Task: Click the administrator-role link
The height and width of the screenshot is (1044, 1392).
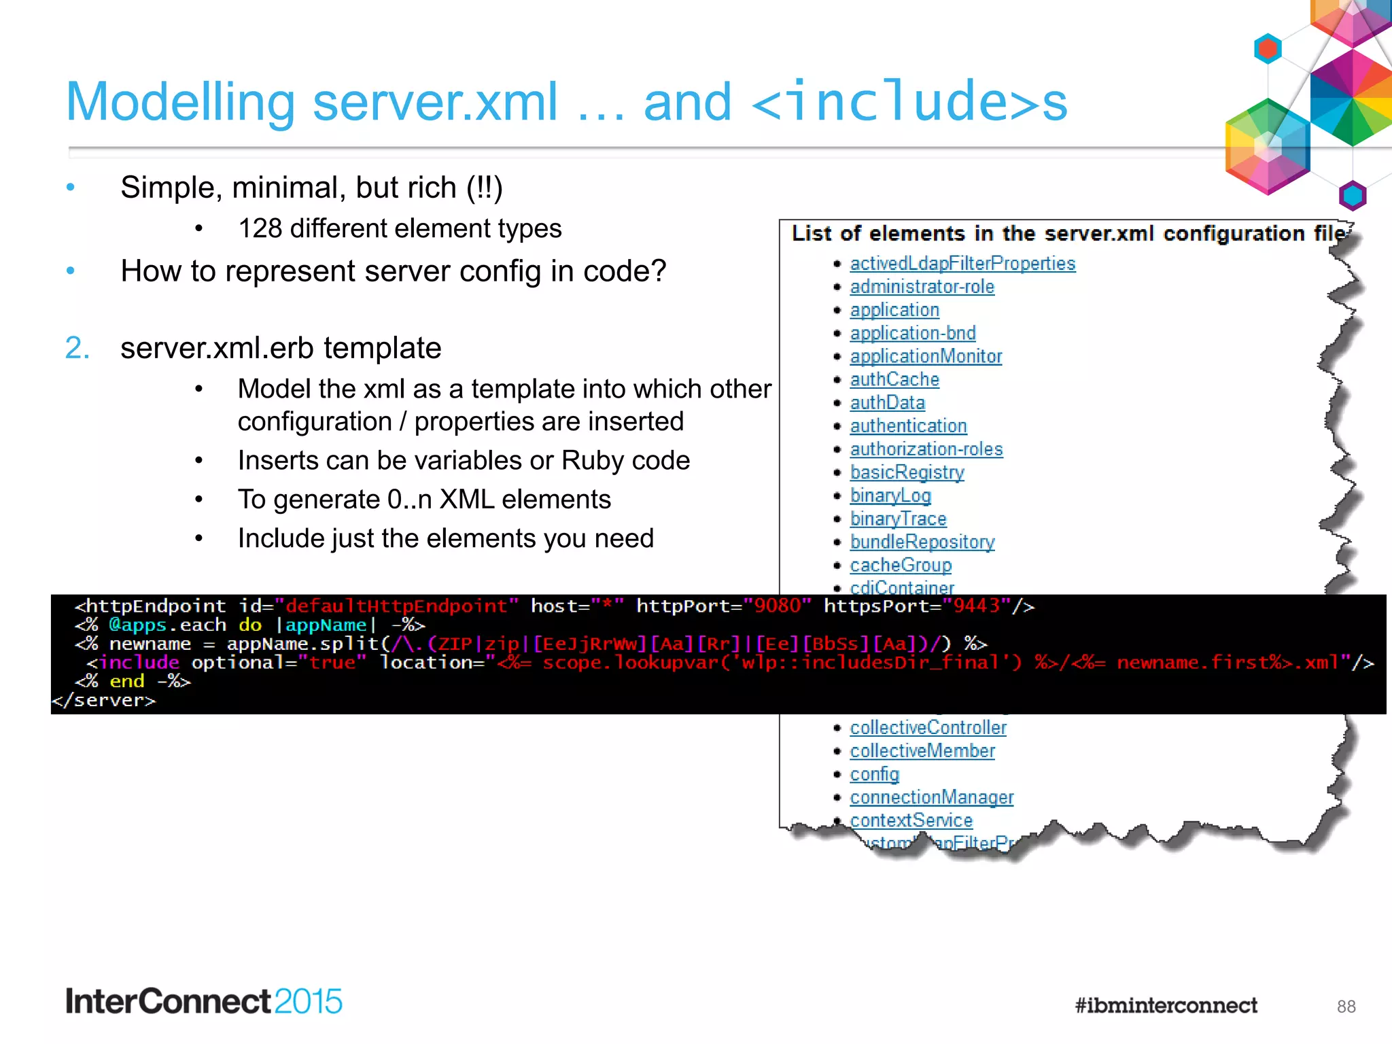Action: point(922,287)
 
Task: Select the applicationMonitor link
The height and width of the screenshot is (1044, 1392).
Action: point(926,356)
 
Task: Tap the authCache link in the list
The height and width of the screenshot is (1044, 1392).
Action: point(894,379)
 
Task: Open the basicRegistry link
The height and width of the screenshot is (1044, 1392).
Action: point(907,472)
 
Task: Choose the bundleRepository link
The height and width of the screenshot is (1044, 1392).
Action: point(922,542)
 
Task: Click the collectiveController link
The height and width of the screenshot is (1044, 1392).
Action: point(928,727)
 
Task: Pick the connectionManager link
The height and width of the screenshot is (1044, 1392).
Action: point(931,797)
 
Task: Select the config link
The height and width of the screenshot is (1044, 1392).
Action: point(874,774)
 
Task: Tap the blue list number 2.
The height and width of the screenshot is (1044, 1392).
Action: point(77,348)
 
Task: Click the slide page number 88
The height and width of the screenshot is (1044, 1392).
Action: point(1346,1007)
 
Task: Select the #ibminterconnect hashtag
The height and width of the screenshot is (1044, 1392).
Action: point(1166,1005)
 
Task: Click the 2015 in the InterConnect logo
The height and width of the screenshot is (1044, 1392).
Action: point(308,1001)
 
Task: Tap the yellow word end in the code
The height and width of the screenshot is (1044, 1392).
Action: point(127,681)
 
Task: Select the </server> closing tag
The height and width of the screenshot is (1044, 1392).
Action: point(103,700)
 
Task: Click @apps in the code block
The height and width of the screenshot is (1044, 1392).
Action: point(137,625)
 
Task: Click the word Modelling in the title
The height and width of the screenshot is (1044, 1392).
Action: point(180,102)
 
